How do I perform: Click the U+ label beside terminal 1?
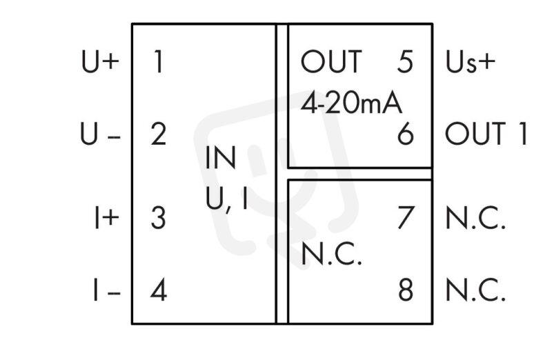[100, 61]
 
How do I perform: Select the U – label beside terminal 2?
[100, 134]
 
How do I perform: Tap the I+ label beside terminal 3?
[107, 218]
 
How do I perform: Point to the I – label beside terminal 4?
[107, 290]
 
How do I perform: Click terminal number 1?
[159, 61]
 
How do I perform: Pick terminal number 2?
[159, 134]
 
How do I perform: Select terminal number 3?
[158, 218]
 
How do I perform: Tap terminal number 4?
[159, 290]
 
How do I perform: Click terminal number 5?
[405, 61]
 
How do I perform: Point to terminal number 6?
[405, 134]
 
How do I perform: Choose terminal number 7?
[406, 218]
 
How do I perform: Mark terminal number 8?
[406, 290]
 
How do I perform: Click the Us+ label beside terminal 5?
[471, 61]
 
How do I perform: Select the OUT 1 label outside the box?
[486, 134]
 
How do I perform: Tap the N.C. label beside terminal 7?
[475, 218]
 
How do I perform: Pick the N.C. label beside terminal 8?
[475, 290]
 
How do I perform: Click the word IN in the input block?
[221, 158]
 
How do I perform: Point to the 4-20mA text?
[351, 103]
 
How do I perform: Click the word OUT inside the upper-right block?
[331, 61]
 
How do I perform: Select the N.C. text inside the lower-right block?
[331, 253]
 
